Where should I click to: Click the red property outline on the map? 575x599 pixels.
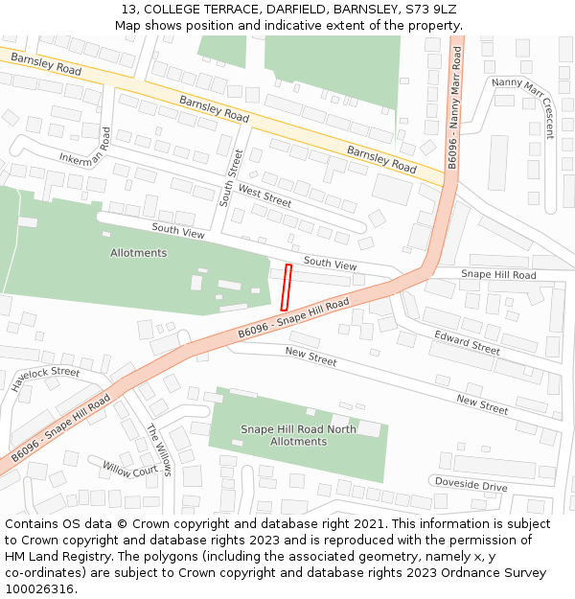[286, 286]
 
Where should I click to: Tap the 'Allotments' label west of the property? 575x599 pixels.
[138, 253]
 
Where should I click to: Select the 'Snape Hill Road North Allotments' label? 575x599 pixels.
[298, 435]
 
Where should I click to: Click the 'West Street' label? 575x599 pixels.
[264, 196]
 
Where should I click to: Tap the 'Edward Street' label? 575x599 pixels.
[467, 342]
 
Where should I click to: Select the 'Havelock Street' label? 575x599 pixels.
[45, 380]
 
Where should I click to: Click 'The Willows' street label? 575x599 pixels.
[158, 449]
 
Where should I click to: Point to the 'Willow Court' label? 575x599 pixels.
[129, 470]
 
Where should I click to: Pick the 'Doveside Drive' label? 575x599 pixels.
[470, 485]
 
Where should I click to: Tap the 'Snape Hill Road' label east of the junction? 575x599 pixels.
[498, 275]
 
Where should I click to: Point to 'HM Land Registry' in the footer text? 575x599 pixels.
[57, 556]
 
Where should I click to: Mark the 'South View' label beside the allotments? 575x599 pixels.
[178, 231]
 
